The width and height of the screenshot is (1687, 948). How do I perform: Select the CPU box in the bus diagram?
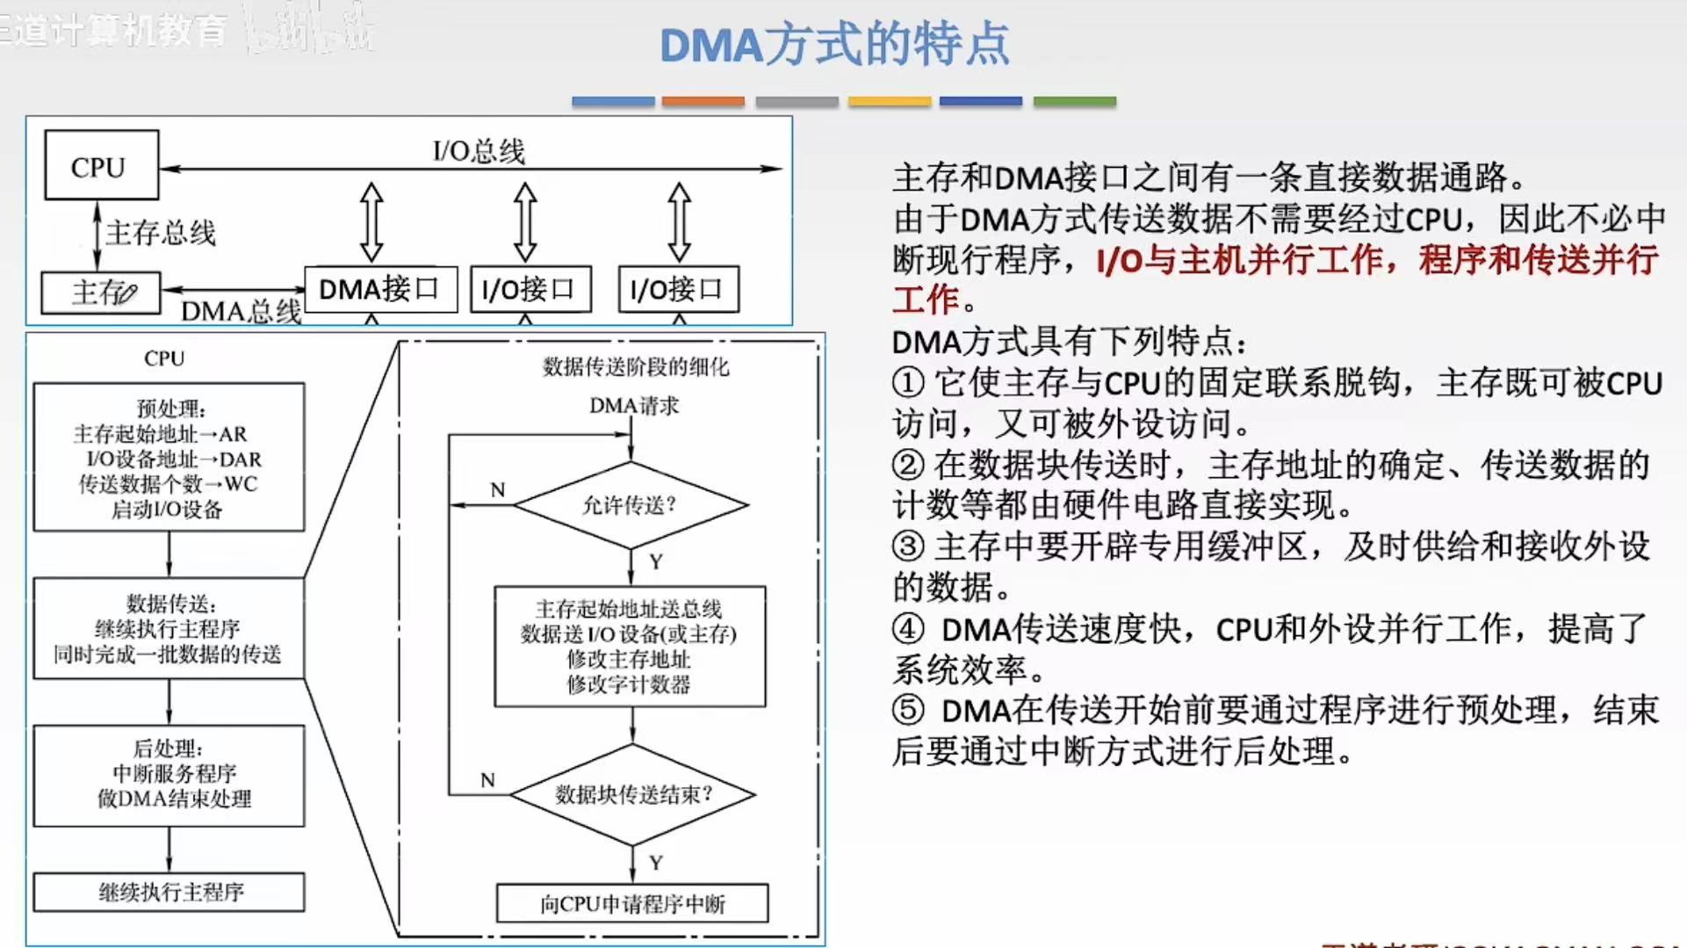tap(101, 166)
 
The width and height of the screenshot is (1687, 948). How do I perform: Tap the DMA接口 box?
tap(379, 289)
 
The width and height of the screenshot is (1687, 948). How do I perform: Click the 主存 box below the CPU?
tap(101, 293)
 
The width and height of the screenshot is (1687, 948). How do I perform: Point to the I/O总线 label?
tap(479, 151)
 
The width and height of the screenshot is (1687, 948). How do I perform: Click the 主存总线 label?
tap(161, 233)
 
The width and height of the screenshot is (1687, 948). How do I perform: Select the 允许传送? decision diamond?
tap(630, 505)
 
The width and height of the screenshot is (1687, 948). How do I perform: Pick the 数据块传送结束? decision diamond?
tap(632, 794)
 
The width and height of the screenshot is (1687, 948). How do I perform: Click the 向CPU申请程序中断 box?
tap(632, 903)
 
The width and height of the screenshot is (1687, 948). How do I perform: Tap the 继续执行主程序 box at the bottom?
tap(169, 892)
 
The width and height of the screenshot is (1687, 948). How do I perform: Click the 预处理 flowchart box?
tap(169, 457)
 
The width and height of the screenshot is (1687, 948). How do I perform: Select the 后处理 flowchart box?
tap(169, 775)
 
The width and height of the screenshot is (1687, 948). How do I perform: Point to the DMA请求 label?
tap(633, 406)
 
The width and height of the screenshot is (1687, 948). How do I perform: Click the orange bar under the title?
tap(703, 102)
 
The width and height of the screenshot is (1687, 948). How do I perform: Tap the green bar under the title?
tap(1074, 102)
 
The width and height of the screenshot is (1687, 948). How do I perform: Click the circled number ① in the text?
tap(908, 383)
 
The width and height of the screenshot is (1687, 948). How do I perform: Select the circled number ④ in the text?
tap(908, 629)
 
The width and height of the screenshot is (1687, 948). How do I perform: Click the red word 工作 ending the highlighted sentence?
tap(925, 300)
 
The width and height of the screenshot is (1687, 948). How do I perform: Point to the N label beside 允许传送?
tap(498, 489)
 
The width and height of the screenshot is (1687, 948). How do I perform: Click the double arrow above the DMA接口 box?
tap(371, 221)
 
